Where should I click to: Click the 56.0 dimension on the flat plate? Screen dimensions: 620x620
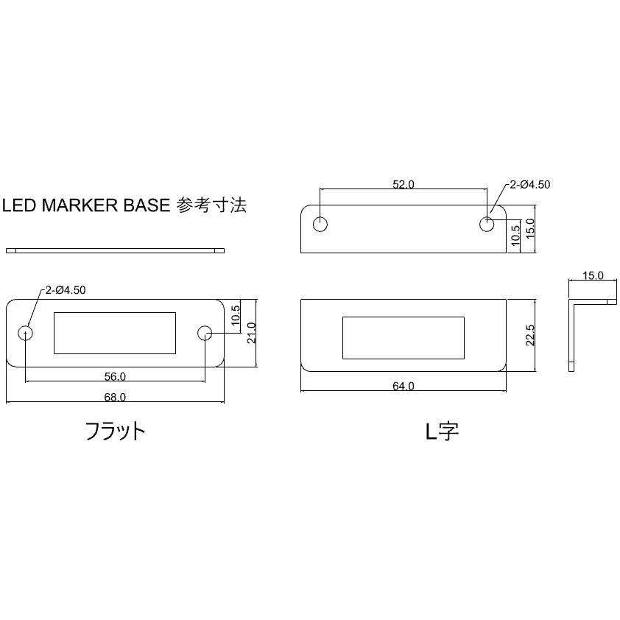[115, 376]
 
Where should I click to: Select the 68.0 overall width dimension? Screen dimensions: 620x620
[115, 397]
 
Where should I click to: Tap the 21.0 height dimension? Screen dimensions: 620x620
[252, 333]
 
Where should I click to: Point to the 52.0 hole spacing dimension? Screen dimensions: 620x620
[404, 184]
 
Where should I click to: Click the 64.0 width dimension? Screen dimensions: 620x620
[404, 386]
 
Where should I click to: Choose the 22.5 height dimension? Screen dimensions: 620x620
[530, 335]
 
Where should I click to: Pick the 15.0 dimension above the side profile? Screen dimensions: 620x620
[593, 275]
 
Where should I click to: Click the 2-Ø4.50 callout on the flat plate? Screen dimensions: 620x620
[66, 290]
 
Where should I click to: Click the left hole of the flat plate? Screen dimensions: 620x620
[26, 333]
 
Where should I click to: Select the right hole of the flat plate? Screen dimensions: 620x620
[205, 333]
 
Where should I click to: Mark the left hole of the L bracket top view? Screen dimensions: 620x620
[320, 225]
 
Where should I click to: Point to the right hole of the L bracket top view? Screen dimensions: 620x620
[487, 225]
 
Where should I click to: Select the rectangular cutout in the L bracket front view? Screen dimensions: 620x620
[404, 338]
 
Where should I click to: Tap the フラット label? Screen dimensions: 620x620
[116, 431]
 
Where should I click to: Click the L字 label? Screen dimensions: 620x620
[442, 431]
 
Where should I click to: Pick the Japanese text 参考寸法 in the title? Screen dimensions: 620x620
[211, 205]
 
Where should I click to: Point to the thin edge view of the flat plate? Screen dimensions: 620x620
[115, 250]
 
